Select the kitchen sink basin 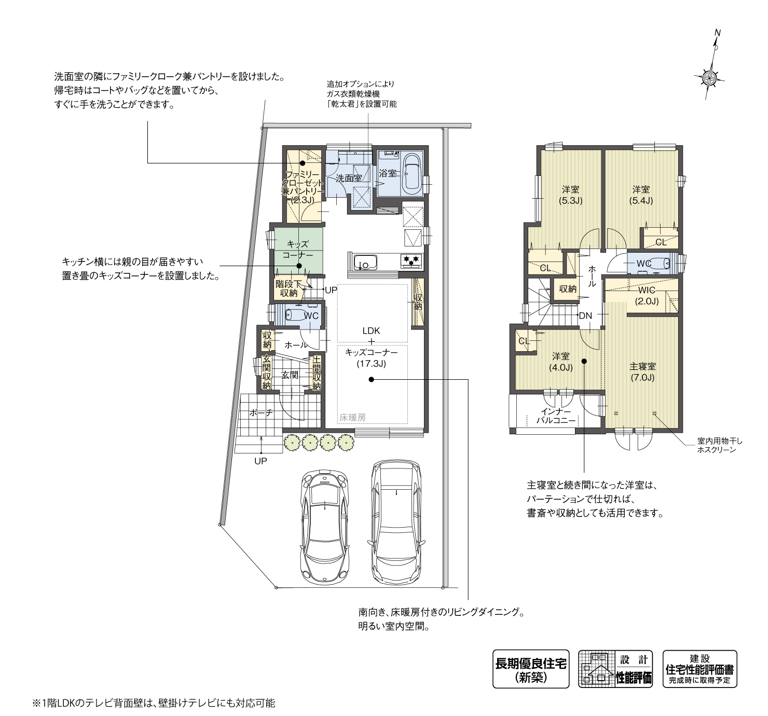tap(365, 262)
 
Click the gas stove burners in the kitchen tap(412, 260)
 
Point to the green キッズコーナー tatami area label tap(297, 250)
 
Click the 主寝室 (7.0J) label tap(642, 371)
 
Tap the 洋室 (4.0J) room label tap(561, 362)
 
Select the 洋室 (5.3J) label tap(570, 195)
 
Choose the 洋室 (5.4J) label tap(641, 195)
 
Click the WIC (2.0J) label tap(647, 296)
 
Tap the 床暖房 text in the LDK tap(352, 417)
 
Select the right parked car tap(396, 521)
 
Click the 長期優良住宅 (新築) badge tap(530, 669)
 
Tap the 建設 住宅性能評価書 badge tap(700, 669)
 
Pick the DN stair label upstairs tap(585, 315)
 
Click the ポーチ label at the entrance tap(260, 412)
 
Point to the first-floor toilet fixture tap(295, 315)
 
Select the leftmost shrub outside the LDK tap(292, 442)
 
